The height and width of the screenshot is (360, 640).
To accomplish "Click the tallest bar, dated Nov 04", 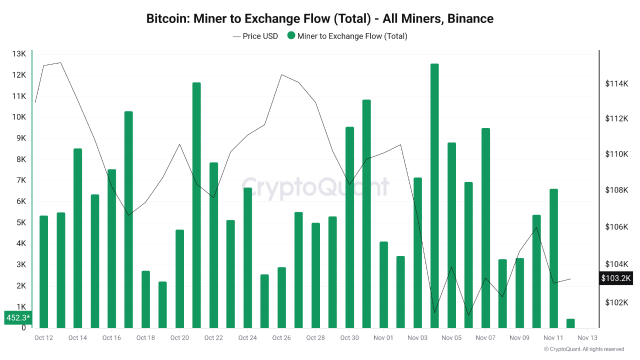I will click(x=434, y=195).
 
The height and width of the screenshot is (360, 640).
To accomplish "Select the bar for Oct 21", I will click(x=196, y=205).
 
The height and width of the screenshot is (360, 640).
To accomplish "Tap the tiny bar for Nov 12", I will click(x=570, y=323).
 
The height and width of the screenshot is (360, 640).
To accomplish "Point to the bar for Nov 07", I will click(x=485, y=227).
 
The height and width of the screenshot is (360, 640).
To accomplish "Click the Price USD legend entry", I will click(x=255, y=36).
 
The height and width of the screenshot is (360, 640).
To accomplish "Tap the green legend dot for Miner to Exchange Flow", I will click(x=291, y=36).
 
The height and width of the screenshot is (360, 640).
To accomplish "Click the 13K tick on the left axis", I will click(x=19, y=54).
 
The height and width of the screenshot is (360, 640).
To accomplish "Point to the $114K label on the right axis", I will click(x=616, y=83).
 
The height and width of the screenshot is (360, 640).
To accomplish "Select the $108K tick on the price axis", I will click(x=616, y=190).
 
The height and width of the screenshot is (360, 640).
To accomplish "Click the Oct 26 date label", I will click(x=281, y=338).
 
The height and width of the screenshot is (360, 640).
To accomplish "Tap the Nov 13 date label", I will click(x=587, y=338).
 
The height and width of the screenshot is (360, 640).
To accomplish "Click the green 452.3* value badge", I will click(x=18, y=317).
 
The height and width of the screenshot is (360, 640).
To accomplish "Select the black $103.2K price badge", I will click(x=616, y=278).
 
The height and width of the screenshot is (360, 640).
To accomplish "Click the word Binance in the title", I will click(x=470, y=19).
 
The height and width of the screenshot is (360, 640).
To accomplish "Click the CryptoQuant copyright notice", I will click(x=583, y=349).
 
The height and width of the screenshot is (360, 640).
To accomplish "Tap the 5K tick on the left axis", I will click(x=20, y=222).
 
